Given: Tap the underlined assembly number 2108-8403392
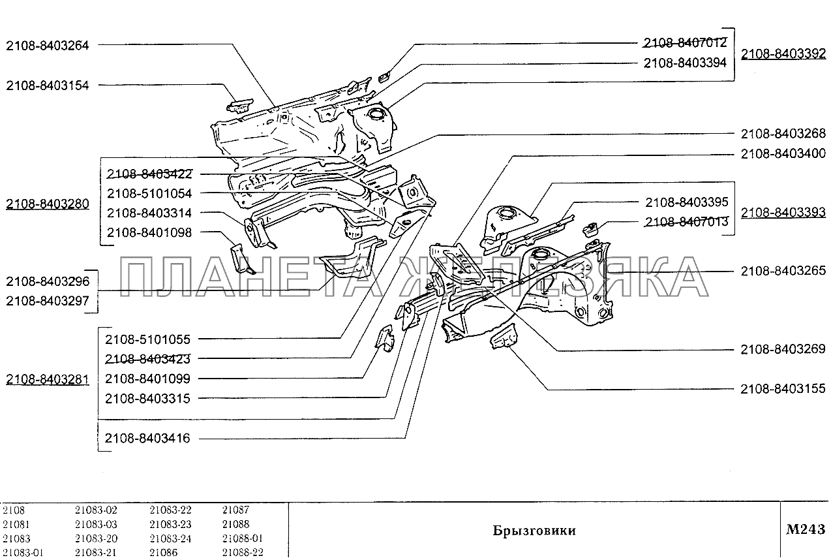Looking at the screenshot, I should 783,54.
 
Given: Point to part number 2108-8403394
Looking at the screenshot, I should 685,63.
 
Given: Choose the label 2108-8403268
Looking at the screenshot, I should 783,134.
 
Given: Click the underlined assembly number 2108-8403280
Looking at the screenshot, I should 47,204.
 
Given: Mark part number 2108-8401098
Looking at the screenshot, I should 149,232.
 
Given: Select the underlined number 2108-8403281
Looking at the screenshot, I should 47,379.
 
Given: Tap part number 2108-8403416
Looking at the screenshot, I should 147,439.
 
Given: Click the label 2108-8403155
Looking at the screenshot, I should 783,389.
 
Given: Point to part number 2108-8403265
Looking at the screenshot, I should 783,271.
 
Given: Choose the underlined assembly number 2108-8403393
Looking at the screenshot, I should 783,212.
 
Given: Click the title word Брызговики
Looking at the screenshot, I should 534,531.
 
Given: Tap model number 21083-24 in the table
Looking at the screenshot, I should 170,538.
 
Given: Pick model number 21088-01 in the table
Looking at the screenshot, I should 242,538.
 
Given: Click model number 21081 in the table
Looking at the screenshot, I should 16,524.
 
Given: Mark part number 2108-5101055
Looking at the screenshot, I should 147,339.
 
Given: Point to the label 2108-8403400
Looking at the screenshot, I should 783,154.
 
